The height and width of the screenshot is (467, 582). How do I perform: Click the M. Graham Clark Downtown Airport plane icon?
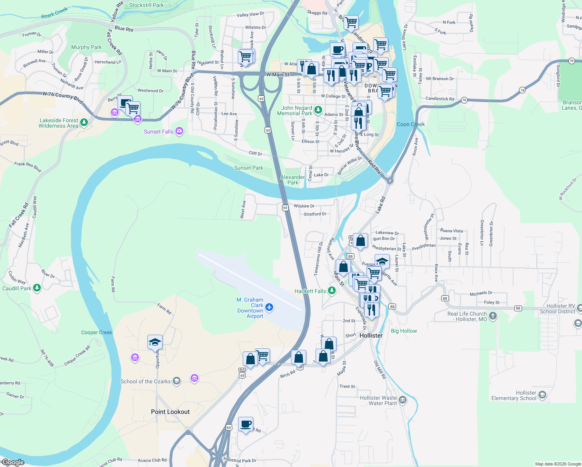tap(269, 308)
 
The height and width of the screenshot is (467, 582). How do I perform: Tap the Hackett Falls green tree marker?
tap(331, 291)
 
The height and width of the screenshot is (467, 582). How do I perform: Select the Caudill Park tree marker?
tap(37, 288)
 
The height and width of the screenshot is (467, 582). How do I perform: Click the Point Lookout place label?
tap(170, 412)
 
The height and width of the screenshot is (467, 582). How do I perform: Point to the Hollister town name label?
tap(371, 335)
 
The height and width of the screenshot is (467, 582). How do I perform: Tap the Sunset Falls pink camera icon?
tap(179, 131)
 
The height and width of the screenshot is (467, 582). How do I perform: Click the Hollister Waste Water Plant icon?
tap(403, 400)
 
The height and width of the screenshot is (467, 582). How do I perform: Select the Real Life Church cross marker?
tap(493, 316)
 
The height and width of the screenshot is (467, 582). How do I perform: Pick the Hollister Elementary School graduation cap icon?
tap(542, 395)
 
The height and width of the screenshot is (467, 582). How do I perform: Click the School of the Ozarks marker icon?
tap(177, 381)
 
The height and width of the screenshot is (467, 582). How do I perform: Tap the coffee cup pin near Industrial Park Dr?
tap(245, 424)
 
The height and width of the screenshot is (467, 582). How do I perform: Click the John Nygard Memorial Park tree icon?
tap(318, 110)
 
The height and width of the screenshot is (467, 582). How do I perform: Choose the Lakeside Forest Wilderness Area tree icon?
tap(84, 123)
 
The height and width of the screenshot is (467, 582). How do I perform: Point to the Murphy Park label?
tap(86, 47)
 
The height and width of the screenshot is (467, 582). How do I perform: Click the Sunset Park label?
tap(249, 168)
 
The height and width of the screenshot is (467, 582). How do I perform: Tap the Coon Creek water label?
tap(410, 124)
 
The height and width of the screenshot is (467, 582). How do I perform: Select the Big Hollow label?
tap(404, 331)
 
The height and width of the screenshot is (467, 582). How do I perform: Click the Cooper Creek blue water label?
tap(96, 332)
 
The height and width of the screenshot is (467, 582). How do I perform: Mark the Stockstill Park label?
tap(146, 5)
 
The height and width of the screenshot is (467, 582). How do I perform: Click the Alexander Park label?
tap(293, 180)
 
